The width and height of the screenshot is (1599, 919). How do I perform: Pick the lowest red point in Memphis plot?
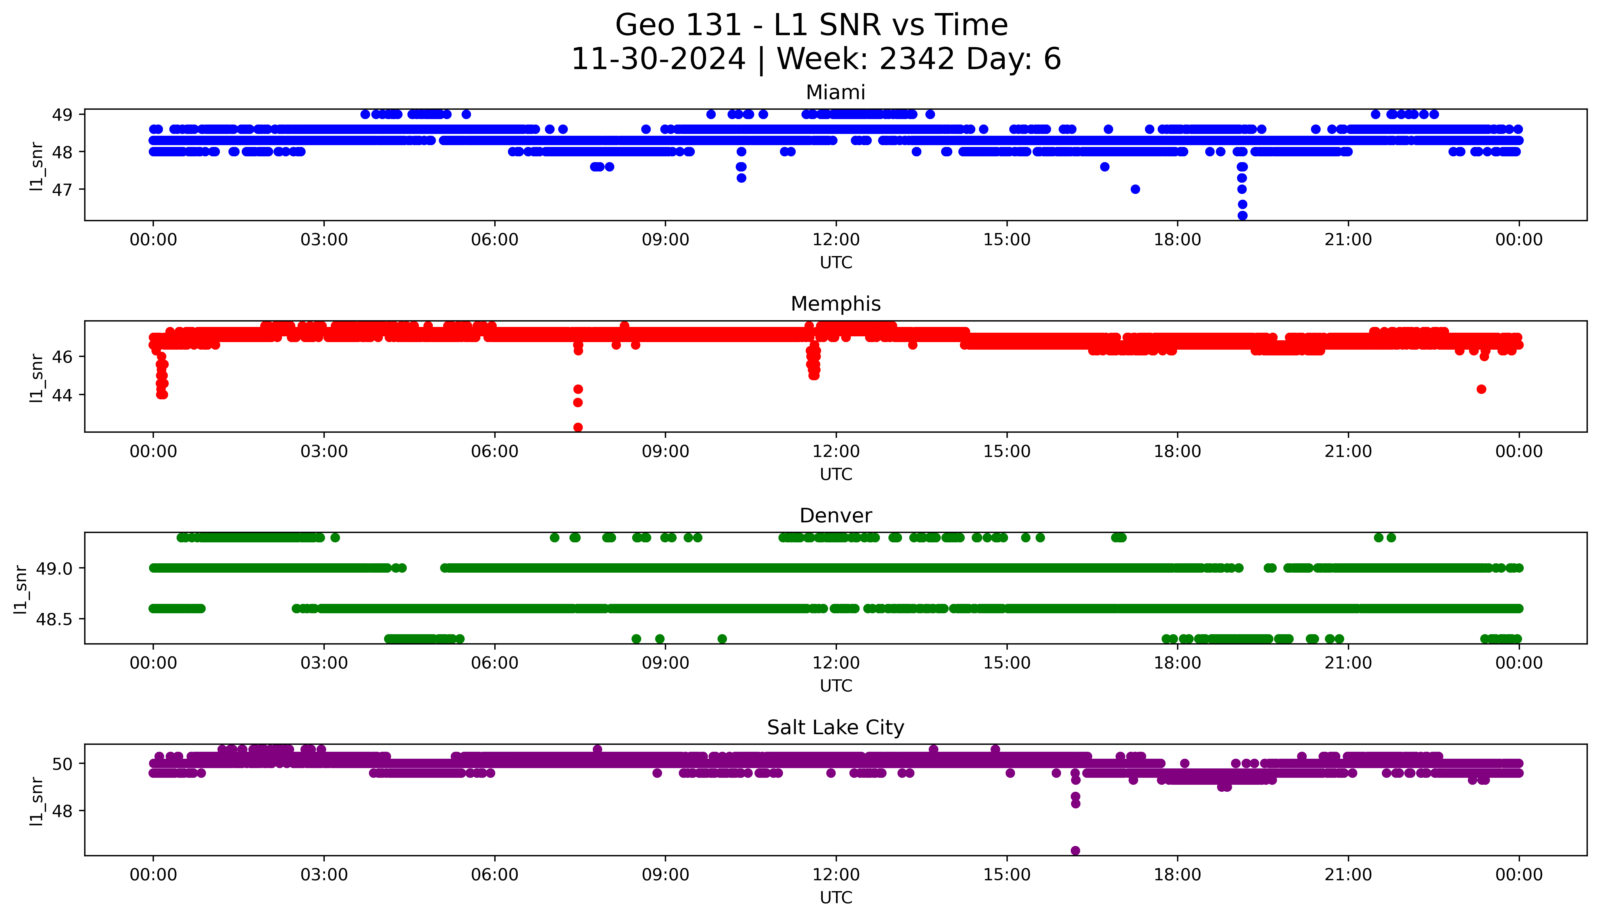578,427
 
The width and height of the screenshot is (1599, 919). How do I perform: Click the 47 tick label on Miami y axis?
62,189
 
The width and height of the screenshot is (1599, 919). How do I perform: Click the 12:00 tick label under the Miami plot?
836,240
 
